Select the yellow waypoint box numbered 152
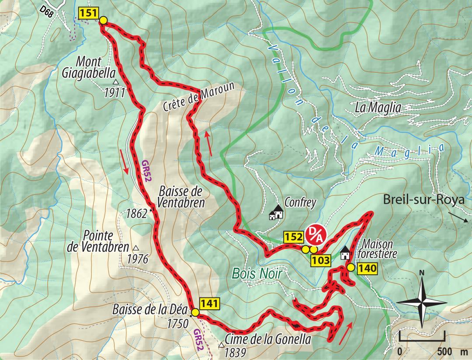pyautogui.click(x=293, y=238)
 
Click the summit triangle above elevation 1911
pyautogui.click(x=115, y=82)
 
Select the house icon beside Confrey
pyautogui.click(x=276, y=213)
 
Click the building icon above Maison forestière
pyautogui.click(x=345, y=253)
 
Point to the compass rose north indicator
pyautogui.click(x=422, y=273)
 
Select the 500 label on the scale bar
pyautogui.click(x=444, y=352)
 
